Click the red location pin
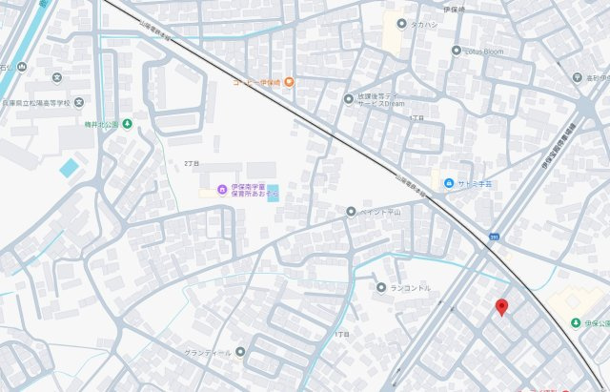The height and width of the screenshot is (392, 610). pyautogui.click(x=501, y=306)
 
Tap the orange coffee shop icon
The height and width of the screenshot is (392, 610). pyautogui.click(x=287, y=82)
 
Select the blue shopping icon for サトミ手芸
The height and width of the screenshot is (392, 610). pyautogui.click(x=447, y=184)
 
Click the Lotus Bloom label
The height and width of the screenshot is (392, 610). pyautogui.click(x=484, y=51)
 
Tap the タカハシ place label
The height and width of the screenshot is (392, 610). pyautogui.click(x=424, y=25)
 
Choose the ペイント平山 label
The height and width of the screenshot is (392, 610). pyautogui.click(x=381, y=211)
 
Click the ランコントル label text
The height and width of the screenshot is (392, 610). pyautogui.click(x=410, y=287)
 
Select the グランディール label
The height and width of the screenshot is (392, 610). pyautogui.click(x=208, y=352)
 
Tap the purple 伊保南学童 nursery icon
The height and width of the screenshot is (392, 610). pyautogui.click(x=222, y=189)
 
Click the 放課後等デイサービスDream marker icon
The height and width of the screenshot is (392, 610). pyautogui.click(x=349, y=98)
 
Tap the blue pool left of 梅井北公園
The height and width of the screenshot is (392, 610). pyautogui.click(x=70, y=168)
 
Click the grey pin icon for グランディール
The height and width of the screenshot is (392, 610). pyautogui.click(x=240, y=352)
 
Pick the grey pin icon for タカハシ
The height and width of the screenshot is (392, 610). pyautogui.click(x=401, y=25)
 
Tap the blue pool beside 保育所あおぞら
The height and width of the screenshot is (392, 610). pyautogui.click(x=274, y=192)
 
